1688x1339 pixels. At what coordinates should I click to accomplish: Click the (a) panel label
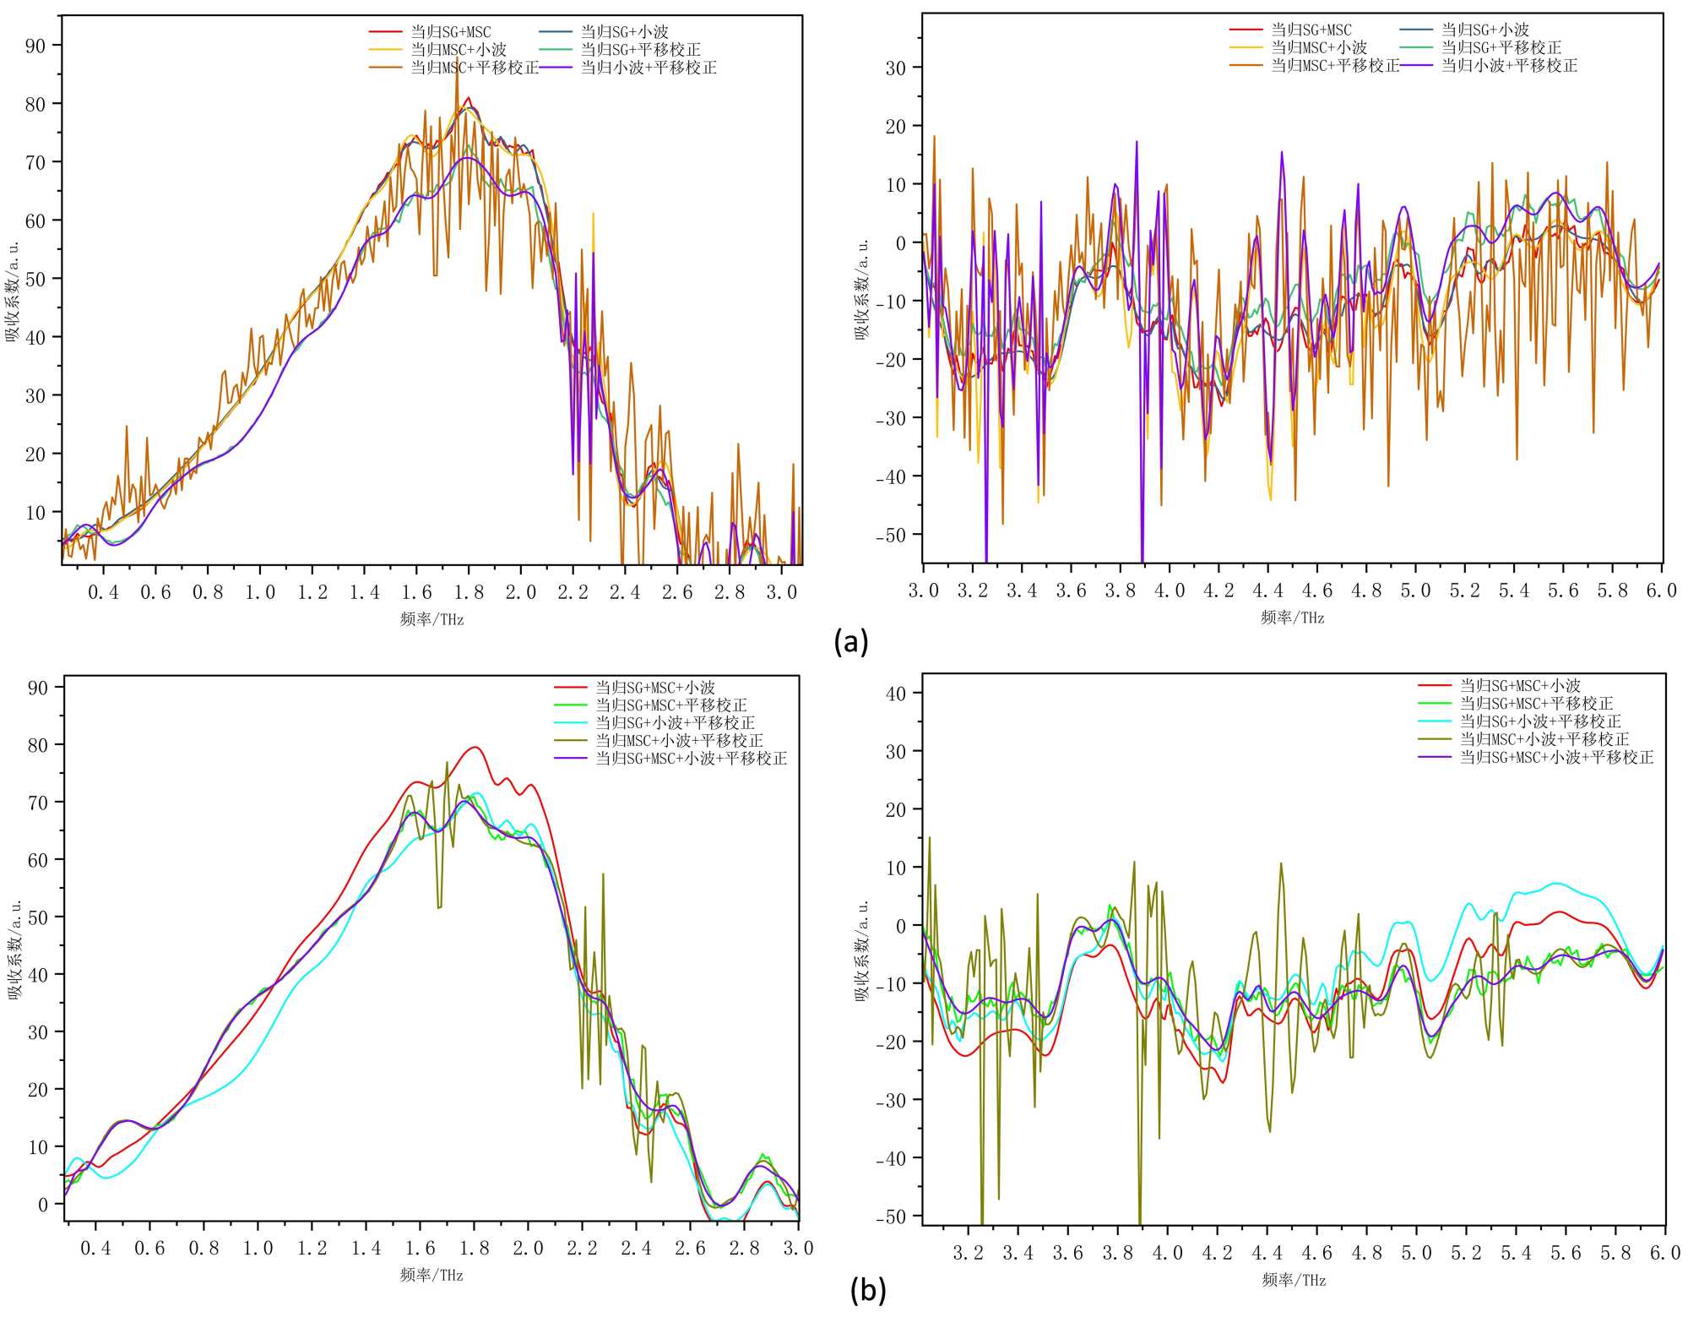click(x=850, y=642)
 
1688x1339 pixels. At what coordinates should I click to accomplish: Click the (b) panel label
click(x=868, y=1290)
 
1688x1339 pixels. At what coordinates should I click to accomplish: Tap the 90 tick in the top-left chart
click(x=35, y=46)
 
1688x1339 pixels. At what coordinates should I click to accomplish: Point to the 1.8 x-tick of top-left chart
click(x=469, y=593)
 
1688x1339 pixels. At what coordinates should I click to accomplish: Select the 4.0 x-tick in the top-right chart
click(x=1170, y=591)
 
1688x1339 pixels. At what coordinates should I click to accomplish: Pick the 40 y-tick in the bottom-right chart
click(x=895, y=694)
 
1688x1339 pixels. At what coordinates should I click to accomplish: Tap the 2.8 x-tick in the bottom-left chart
click(x=744, y=1249)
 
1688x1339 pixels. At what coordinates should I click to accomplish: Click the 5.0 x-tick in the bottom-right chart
click(x=1417, y=1253)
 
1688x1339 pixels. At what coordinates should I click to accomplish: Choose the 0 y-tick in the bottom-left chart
click(x=43, y=1205)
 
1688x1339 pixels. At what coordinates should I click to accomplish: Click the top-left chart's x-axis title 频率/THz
click(x=431, y=619)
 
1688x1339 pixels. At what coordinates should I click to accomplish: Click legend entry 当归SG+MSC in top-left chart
click(x=450, y=32)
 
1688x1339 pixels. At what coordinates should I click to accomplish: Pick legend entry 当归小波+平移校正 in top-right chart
click(x=1509, y=66)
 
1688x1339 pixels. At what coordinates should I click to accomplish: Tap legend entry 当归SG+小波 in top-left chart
click(x=624, y=32)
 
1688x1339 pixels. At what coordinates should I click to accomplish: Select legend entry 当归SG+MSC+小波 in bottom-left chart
click(x=655, y=688)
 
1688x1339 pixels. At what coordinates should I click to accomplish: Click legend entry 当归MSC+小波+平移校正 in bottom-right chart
click(x=1544, y=739)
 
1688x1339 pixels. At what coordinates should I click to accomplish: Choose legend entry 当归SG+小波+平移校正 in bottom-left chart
click(x=675, y=723)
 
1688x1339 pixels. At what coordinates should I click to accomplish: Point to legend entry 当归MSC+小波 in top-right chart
click(x=1319, y=48)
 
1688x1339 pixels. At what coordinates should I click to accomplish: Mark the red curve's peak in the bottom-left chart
click(x=475, y=747)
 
